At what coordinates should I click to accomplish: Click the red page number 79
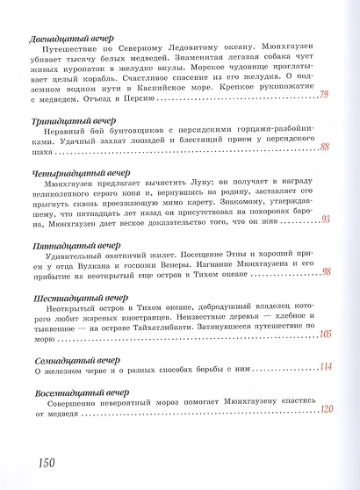pyautogui.click(x=324, y=95)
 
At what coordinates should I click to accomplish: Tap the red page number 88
pyautogui.click(x=325, y=147)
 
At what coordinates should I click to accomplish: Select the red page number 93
pyautogui.click(x=325, y=219)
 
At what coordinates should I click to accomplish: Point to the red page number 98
pyautogui.click(x=325, y=272)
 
